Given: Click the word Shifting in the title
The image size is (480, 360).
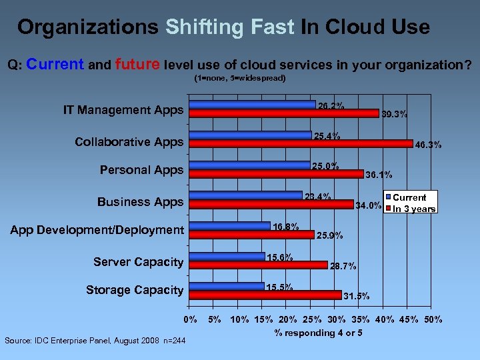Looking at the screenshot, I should [205, 27].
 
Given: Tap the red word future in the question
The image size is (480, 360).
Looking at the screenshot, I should [137, 65].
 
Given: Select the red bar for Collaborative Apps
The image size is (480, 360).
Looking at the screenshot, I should [301, 143].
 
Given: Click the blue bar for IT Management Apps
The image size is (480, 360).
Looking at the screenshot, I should [253, 105].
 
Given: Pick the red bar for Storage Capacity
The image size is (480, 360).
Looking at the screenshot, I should [265, 293].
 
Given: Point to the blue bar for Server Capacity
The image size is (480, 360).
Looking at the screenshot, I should [227, 257].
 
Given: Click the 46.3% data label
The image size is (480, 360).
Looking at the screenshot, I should [428, 145].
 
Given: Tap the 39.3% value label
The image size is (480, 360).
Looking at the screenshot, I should [394, 114].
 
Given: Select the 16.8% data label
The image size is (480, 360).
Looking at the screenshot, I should [285, 227].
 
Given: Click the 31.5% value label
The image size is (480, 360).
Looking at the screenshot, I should [356, 295].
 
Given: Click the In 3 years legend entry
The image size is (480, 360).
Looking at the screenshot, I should [413, 209].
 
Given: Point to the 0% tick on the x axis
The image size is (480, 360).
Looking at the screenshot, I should [191, 319].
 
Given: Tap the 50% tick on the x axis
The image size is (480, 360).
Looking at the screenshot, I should [433, 319].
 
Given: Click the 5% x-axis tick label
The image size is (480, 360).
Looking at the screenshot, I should [215, 319].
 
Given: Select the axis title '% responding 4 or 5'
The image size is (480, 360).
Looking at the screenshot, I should [318, 333].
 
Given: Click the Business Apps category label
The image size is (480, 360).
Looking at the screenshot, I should [140, 202].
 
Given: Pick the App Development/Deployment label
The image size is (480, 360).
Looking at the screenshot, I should [97, 230].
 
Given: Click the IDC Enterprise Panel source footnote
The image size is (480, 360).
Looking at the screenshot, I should [95, 341].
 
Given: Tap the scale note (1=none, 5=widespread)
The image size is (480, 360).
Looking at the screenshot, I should [240, 78].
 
